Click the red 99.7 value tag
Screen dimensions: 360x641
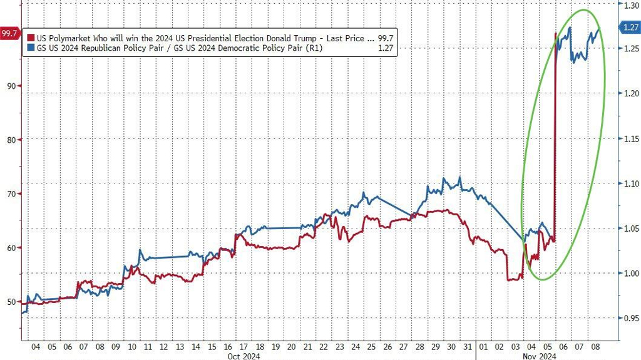tap(9, 33)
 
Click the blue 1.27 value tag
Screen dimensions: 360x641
tap(631, 27)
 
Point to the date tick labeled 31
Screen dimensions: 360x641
tap(466, 346)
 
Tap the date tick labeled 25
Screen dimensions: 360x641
tap(371, 346)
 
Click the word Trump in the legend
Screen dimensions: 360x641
tap(283, 38)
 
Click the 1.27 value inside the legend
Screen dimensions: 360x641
tap(386, 48)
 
